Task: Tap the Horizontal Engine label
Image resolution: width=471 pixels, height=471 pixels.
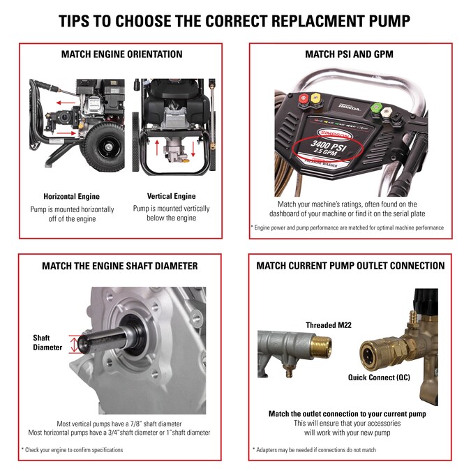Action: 71,196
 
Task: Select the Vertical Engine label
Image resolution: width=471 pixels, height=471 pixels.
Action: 171,196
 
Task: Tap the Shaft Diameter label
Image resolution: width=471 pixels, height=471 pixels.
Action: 46,342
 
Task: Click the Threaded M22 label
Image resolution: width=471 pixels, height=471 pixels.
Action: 331,324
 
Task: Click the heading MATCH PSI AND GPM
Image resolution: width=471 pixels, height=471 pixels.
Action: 351,54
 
